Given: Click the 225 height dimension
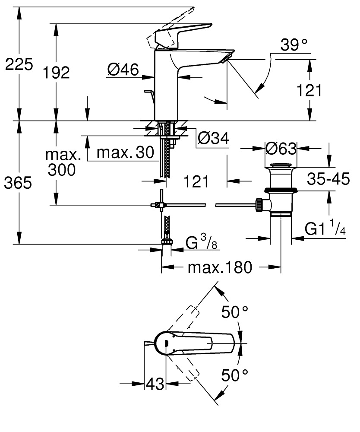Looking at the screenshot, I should (18, 65).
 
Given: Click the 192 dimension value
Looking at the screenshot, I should (57, 73).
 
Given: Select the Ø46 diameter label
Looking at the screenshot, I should (123, 70).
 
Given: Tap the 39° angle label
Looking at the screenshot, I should (294, 44).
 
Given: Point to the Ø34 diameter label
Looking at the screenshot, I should (213, 139).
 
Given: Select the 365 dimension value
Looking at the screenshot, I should (18, 183).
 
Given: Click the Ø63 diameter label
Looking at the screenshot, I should (281, 149).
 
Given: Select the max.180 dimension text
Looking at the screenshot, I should (219, 268).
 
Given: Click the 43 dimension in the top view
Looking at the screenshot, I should (155, 384).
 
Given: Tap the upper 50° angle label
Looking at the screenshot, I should (235, 311).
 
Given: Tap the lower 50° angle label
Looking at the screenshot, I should (235, 375).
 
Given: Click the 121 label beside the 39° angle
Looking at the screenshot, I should (309, 90).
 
